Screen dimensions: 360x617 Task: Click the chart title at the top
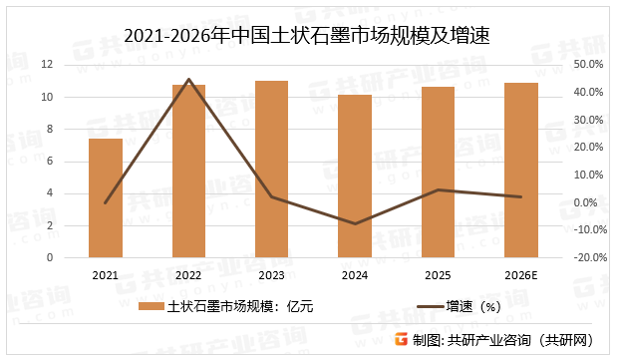308,37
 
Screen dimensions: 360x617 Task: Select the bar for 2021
106,197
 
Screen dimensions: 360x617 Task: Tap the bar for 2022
188,171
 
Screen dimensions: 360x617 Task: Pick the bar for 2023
272,169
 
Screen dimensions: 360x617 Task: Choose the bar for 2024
355,176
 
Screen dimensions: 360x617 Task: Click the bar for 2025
438,172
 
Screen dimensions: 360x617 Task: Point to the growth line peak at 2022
188,79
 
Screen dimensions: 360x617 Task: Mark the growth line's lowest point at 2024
355,224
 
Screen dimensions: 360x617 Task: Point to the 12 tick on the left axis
74,65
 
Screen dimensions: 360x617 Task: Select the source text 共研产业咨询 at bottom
488,340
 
